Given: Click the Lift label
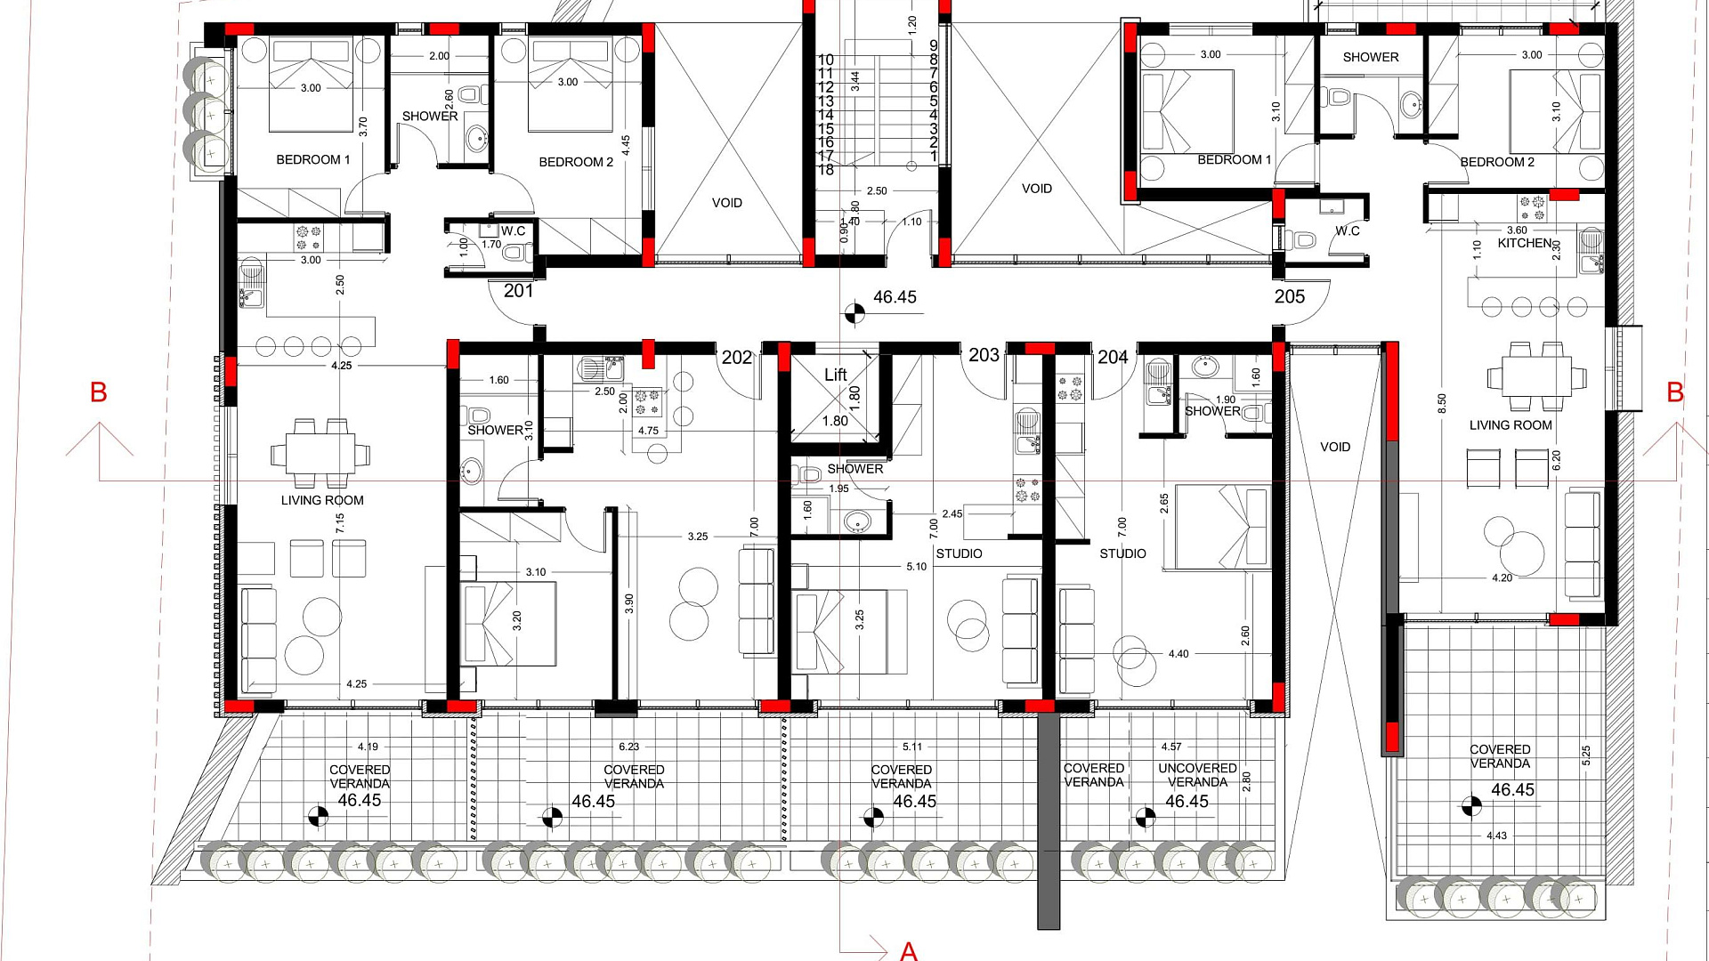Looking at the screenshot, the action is (x=835, y=375).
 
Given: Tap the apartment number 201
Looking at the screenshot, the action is (x=518, y=291).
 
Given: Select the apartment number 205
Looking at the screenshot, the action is (x=1289, y=296).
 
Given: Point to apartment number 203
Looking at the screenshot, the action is (x=984, y=355).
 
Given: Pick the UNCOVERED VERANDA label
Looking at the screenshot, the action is (x=1197, y=775).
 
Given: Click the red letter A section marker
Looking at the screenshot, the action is (x=908, y=950).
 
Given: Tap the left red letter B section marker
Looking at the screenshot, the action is (x=98, y=392).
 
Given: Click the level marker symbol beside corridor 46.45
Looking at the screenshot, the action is (x=854, y=312).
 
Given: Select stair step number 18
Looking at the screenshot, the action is (x=825, y=170).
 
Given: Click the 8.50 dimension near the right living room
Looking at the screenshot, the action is (x=1442, y=404).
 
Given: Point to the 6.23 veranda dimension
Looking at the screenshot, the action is (x=628, y=747).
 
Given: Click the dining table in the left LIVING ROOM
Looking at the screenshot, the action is (x=320, y=454).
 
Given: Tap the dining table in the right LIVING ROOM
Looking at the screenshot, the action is (x=1535, y=376).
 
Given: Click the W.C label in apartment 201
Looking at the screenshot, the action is (x=513, y=231).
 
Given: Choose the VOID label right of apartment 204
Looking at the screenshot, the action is (x=1334, y=448).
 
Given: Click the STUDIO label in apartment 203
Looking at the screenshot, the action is (x=959, y=553).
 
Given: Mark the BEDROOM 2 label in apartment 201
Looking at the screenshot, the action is (x=576, y=162).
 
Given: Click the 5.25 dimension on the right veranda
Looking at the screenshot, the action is (x=1585, y=755).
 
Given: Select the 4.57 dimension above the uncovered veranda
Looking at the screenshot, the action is (x=1171, y=747).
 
